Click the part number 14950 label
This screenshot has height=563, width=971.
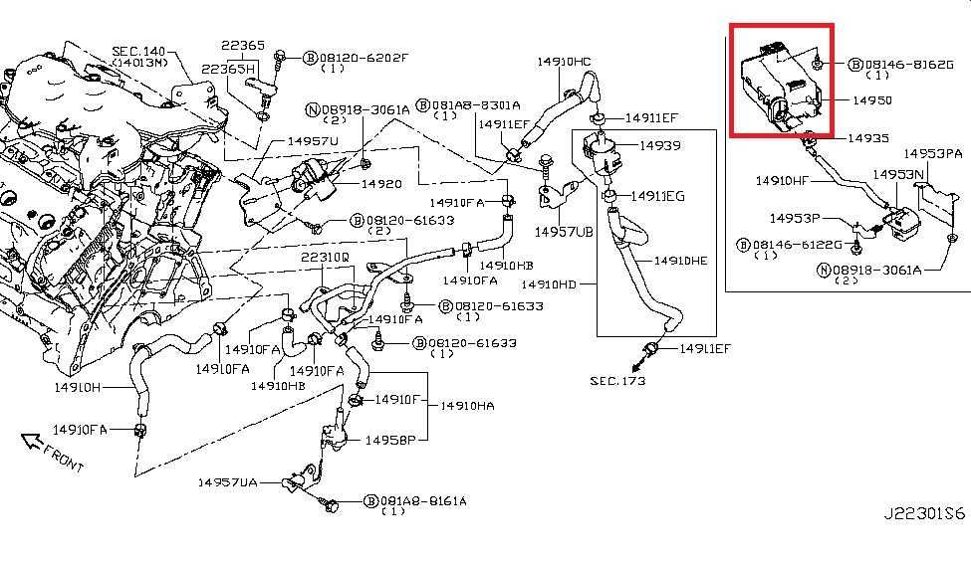pos(871,100)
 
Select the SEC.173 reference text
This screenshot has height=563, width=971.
pos(617,381)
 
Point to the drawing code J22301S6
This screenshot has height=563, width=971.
pos(924,514)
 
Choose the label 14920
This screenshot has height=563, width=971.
pos(380,184)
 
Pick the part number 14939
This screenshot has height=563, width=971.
pos(659,145)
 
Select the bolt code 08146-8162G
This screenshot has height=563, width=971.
pos(907,65)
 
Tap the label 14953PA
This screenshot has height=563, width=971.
pos(933,154)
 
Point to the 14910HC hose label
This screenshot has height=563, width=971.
pos(564,62)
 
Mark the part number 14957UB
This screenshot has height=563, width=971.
pos(564,232)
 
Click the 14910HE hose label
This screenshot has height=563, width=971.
pos(680,261)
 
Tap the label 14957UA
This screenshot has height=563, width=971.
pos(226,482)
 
